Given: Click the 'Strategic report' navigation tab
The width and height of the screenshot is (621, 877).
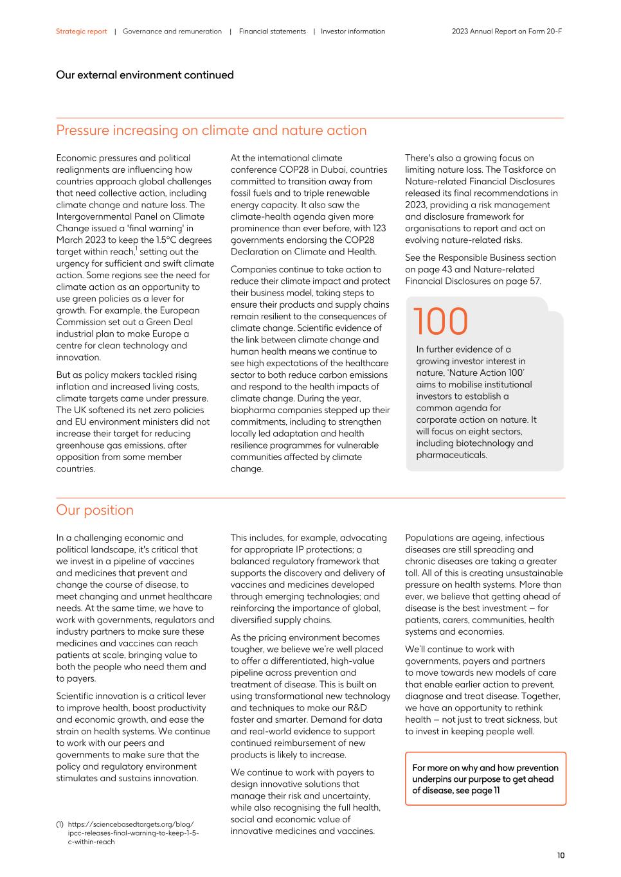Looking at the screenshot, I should click(x=81, y=31).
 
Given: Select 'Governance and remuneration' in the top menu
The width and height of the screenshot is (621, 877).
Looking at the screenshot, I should click(x=172, y=31).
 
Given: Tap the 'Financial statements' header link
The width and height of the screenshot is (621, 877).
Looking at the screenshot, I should click(x=272, y=31).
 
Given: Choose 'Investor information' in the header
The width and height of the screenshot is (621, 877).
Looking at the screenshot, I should click(x=353, y=31).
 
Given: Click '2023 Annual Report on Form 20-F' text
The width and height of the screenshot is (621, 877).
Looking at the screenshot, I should click(x=507, y=31).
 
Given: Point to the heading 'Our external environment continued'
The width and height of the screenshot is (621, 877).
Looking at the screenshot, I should click(x=145, y=75).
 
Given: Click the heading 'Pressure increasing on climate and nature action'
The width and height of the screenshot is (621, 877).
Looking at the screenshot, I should click(x=211, y=130).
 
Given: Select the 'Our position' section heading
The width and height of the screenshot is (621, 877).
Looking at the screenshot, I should click(x=94, y=510).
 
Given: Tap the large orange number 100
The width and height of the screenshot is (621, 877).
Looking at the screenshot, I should click(x=440, y=321).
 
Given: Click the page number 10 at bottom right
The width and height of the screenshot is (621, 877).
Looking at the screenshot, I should click(x=561, y=855).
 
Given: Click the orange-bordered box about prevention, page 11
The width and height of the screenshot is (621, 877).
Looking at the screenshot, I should click(x=485, y=779).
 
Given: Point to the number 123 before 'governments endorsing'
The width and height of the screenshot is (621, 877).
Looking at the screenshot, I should click(x=379, y=228).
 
